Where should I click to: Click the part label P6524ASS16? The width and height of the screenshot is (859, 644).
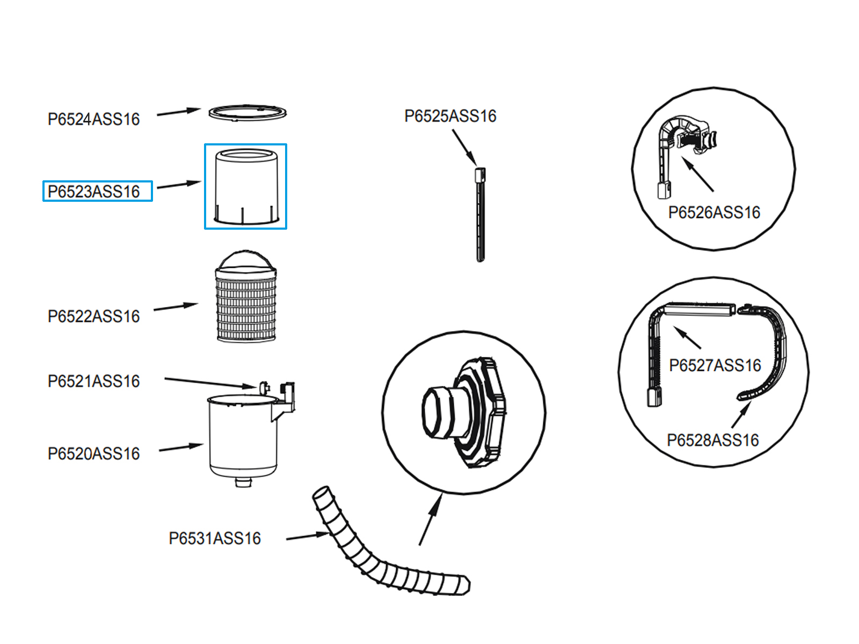click(x=93, y=119)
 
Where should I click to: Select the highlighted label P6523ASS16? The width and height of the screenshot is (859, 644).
click(x=93, y=192)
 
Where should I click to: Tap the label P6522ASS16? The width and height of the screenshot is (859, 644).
click(x=93, y=317)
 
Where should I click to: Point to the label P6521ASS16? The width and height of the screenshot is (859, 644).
click(x=93, y=382)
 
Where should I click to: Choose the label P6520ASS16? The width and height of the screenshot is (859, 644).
click(x=93, y=454)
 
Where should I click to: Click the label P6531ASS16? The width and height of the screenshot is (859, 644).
click(x=215, y=539)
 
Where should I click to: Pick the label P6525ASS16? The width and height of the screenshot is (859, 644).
click(x=450, y=116)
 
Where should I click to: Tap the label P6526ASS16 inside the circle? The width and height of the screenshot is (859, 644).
click(x=714, y=213)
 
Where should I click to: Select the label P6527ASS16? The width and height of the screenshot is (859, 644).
click(x=715, y=366)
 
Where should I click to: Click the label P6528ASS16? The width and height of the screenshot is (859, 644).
click(x=712, y=441)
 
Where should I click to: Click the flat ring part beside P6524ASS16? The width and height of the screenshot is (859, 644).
click(x=247, y=113)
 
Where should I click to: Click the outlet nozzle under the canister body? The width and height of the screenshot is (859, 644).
click(x=243, y=482)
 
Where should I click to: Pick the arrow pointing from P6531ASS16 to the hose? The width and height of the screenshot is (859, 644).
click(x=307, y=536)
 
